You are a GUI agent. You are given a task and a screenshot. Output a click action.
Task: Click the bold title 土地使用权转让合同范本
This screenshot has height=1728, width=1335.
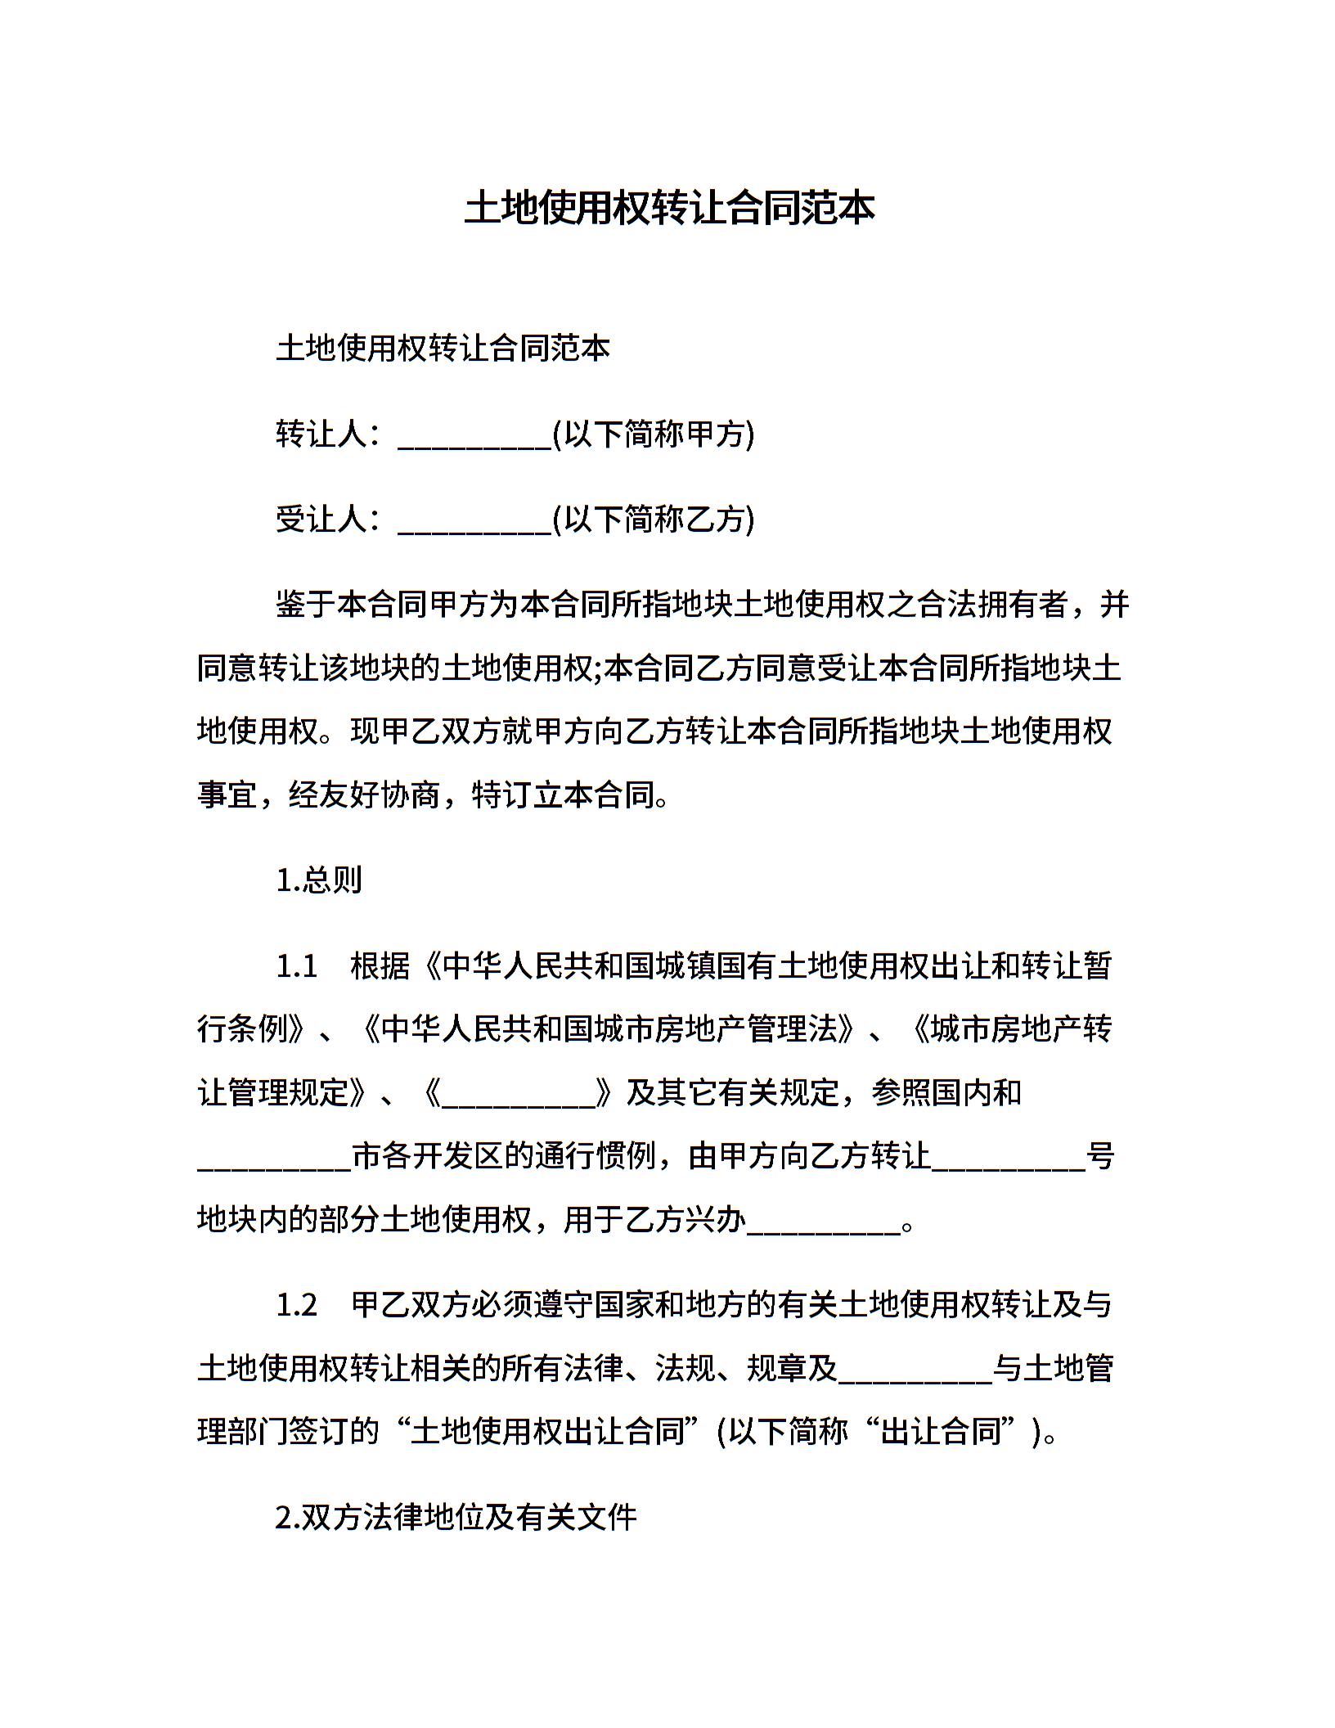669,209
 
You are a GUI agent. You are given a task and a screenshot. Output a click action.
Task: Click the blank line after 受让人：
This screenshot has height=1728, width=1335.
474,520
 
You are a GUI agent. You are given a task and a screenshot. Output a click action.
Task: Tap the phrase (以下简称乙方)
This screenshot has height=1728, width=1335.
654,519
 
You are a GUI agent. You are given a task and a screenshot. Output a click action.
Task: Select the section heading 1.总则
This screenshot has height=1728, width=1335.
319,880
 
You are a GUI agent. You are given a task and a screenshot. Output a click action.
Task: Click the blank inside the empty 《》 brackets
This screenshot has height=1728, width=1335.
519,1096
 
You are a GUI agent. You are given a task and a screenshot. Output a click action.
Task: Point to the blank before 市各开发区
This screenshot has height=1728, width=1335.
274,1160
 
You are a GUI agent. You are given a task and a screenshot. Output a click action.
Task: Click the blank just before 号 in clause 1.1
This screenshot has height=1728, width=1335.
1008,1160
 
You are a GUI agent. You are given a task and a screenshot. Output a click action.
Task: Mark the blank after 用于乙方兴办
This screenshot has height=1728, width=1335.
823,1224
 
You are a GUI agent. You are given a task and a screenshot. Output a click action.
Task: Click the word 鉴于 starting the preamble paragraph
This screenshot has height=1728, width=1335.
306,605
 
